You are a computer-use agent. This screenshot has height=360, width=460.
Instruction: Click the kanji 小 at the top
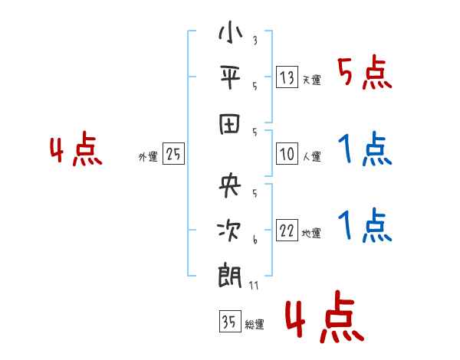230,35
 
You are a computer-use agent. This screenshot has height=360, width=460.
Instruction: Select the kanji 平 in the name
230,78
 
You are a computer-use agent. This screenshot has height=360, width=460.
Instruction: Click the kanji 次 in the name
230,229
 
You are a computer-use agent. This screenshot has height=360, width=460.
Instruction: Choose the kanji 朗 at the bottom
230,273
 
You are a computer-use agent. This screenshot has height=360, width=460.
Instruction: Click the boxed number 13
287,78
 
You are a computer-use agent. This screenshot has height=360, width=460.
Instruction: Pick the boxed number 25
173,155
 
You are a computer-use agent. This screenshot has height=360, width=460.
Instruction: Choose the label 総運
254,324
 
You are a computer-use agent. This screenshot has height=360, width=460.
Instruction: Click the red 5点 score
366,74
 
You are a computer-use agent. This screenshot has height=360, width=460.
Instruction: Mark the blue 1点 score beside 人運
366,150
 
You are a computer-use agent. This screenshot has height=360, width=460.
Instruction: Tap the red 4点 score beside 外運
77,151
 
